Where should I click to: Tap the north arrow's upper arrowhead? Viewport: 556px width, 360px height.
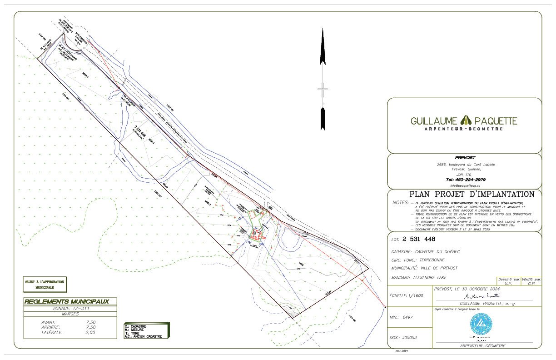[323, 45]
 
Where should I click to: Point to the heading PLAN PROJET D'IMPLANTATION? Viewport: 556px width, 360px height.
[472, 194]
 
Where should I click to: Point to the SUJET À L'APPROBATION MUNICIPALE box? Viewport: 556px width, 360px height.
[45, 285]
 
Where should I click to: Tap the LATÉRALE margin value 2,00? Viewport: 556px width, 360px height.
[90, 332]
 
